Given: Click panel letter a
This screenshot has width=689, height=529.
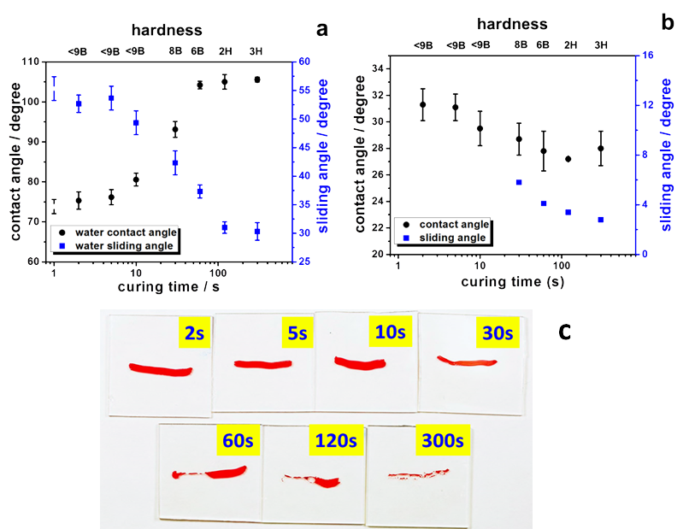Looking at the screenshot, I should click(321, 30).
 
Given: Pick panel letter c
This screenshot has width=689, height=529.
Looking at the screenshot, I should click(564, 331).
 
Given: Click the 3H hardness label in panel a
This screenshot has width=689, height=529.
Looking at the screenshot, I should click(256, 51).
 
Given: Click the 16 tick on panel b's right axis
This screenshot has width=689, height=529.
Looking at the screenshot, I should click(647, 55).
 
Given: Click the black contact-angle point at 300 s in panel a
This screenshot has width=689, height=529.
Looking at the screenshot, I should click(257, 79).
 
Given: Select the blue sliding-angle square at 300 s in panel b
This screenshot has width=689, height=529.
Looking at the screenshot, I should click(601, 220).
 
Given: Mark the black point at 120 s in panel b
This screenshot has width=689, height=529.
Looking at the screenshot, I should click(568, 159).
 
